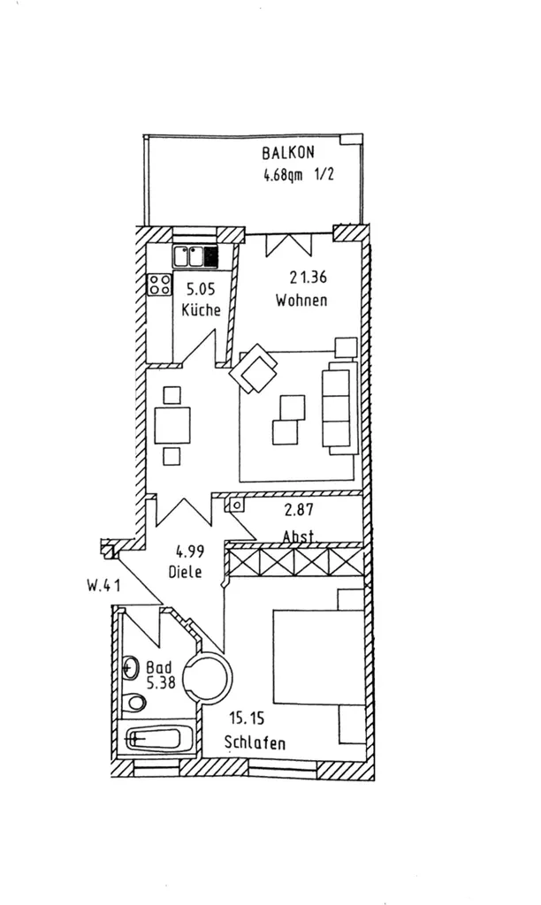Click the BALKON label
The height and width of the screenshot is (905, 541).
(x=288, y=153)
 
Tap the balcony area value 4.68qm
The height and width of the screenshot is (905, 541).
(x=283, y=174)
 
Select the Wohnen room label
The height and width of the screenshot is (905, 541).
(x=301, y=300)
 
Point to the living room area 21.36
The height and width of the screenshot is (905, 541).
(x=308, y=278)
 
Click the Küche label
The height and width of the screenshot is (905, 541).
(x=201, y=309)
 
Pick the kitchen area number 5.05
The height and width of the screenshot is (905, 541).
(x=201, y=289)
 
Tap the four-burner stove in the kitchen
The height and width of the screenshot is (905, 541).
(x=159, y=285)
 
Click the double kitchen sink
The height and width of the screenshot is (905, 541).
(x=195, y=256)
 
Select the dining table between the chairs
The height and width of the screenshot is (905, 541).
(x=172, y=425)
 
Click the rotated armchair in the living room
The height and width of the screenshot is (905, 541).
(x=254, y=369)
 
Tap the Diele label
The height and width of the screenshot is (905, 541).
(x=186, y=572)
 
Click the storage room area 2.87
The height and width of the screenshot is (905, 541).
(x=299, y=510)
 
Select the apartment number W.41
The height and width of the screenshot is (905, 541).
(x=104, y=586)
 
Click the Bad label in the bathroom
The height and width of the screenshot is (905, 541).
(x=159, y=668)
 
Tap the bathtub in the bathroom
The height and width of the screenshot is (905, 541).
(x=157, y=738)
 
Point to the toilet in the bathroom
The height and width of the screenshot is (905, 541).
(x=136, y=702)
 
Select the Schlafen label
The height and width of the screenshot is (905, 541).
(x=255, y=742)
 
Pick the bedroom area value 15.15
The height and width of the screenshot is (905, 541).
(x=248, y=719)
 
